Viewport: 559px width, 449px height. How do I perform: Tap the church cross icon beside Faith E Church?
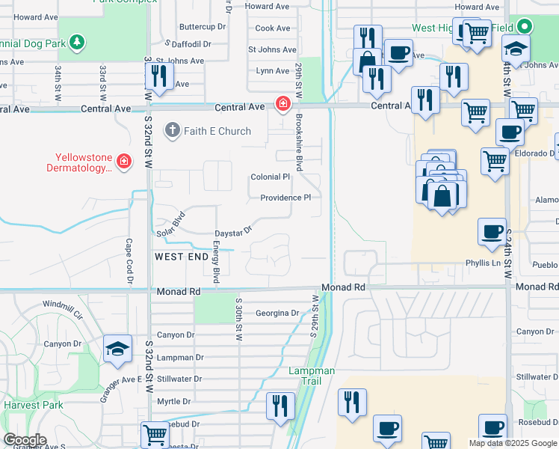pyautogui.click(x=173, y=131)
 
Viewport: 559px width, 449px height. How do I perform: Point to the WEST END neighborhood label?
pyautogui.click(x=182, y=257)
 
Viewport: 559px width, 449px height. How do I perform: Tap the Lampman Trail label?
pyautogui.click(x=312, y=376)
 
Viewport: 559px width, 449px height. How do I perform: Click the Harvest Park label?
pyautogui.click(x=27, y=405)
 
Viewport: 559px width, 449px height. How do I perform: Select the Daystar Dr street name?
pyautogui.click(x=234, y=233)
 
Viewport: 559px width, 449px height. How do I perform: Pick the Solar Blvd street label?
pyautogui.click(x=170, y=225)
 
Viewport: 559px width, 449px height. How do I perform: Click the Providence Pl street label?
pyautogui.click(x=285, y=198)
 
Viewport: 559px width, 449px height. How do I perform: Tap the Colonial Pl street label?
pyautogui.click(x=270, y=177)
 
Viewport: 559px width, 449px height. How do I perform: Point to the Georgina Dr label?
pyautogui.click(x=277, y=314)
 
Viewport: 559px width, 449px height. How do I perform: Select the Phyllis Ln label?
pyautogui.click(x=483, y=263)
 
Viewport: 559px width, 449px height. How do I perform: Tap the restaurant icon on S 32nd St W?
pyautogui.click(x=159, y=76)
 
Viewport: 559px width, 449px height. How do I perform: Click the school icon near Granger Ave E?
pyautogui.click(x=118, y=348)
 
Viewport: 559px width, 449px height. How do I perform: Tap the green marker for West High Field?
pyautogui.click(x=525, y=28)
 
